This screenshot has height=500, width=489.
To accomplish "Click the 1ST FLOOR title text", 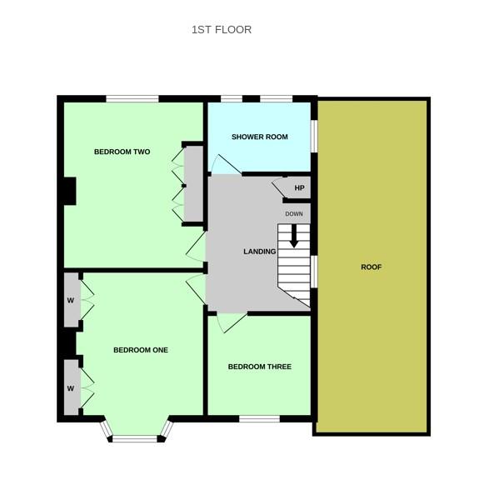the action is [222, 30].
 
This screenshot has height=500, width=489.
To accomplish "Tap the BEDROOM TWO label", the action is [122, 152].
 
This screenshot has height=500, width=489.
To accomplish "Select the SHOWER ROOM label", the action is [259, 137].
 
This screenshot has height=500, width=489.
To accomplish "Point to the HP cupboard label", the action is [299, 187].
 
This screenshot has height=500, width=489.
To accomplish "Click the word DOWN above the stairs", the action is [294, 214].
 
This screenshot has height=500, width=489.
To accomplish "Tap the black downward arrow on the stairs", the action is [294, 236].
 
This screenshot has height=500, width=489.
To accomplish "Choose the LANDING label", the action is [259, 252].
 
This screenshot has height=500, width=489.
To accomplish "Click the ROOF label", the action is [371, 267].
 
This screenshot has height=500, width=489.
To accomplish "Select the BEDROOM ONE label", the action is [141, 350].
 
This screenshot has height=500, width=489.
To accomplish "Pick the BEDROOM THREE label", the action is [259, 367].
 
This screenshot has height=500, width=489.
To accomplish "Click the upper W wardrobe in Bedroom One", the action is [72, 300].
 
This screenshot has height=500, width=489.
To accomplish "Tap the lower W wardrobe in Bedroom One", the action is [72, 387].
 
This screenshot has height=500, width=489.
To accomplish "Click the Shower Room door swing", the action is [227, 164].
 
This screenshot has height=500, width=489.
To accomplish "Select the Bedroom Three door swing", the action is [232, 322].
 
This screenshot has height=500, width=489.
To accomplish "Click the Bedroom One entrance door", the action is [196, 289].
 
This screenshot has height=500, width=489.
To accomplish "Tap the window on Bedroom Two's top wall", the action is [132, 99].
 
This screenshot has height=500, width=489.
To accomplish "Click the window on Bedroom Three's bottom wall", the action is [259, 418].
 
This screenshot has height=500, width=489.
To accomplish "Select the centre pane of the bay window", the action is [135, 439].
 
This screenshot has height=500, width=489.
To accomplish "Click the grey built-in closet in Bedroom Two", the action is [194, 183].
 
